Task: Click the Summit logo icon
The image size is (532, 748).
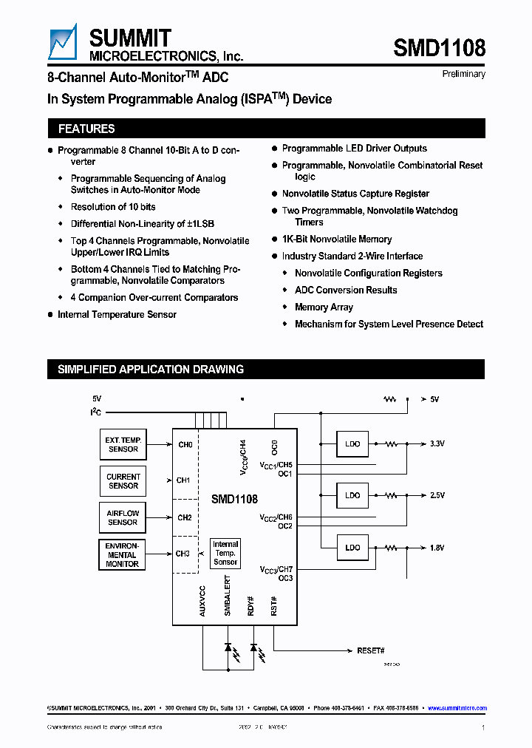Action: pyautogui.click(x=62, y=41)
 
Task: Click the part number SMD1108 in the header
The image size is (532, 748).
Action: pyautogui.click(x=439, y=49)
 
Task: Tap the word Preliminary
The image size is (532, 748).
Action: pyautogui.click(x=463, y=74)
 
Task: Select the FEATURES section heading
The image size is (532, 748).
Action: pyautogui.click(x=86, y=129)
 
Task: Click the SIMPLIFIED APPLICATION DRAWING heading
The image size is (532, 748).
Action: pyautogui.click(x=151, y=370)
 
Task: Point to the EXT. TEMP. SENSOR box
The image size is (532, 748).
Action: pyautogui.click(x=123, y=444)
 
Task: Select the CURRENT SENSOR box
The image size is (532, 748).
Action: pyautogui.click(x=123, y=481)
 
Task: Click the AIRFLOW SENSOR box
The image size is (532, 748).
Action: pyautogui.click(x=123, y=517)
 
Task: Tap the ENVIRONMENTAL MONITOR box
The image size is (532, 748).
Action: pyautogui.click(x=123, y=554)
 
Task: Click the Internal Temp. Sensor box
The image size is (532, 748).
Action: pyautogui.click(x=225, y=553)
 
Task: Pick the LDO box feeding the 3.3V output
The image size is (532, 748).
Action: pyautogui.click(x=352, y=444)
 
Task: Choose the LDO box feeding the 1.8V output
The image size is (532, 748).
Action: pyautogui.click(x=352, y=548)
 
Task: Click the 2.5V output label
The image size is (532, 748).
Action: pyautogui.click(x=437, y=496)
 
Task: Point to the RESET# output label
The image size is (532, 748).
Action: pyautogui.click(x=371, y=650)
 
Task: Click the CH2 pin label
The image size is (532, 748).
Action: pyautogui.click(x=184, y=517)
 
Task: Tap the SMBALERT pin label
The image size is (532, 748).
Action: pyautogui.click(x=228, y=599)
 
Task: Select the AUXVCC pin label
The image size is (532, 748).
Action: pyautogui.click(x=202, y=601)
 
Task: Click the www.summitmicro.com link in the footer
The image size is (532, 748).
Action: pyautogui.click(x=457, y=708)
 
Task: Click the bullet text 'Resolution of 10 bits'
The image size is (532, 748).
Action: pyautogui.click(x=113, y=207)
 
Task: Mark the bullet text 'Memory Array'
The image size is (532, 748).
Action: pyautogui.click(x=324, y=307)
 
